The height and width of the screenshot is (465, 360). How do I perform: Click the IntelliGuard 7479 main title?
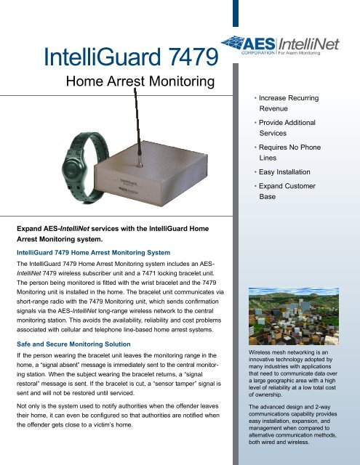[132, 56]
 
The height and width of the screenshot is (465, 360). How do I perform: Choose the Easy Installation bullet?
[282, 172]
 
